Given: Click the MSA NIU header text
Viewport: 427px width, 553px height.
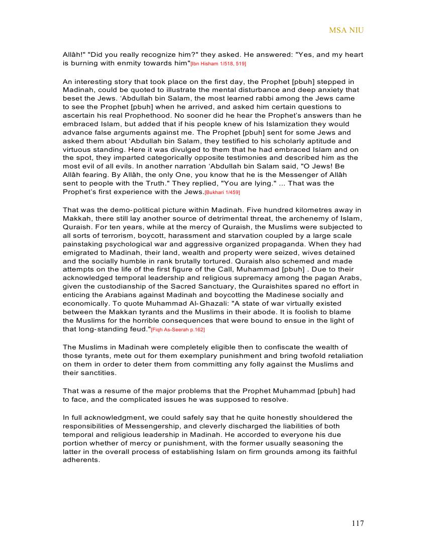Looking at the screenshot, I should (x=346, y=30).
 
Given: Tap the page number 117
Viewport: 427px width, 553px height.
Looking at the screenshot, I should (x=358, y=523).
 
